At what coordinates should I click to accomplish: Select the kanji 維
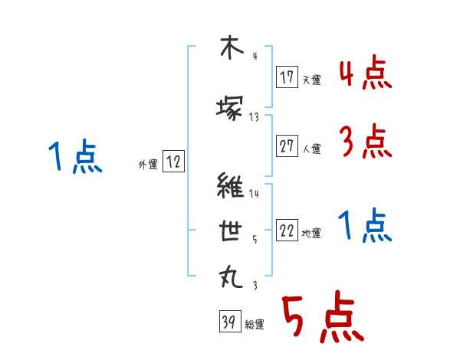(230, 186)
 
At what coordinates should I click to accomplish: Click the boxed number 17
(287, 78)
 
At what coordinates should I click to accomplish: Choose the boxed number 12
(174, 162)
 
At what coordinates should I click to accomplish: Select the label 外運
(148, 164)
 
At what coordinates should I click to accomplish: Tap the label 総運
(254, 325)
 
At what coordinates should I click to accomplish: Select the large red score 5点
(321, 318)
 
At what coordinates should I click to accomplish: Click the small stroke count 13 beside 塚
(255, 117)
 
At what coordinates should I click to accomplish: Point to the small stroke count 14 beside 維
(255, 194)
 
